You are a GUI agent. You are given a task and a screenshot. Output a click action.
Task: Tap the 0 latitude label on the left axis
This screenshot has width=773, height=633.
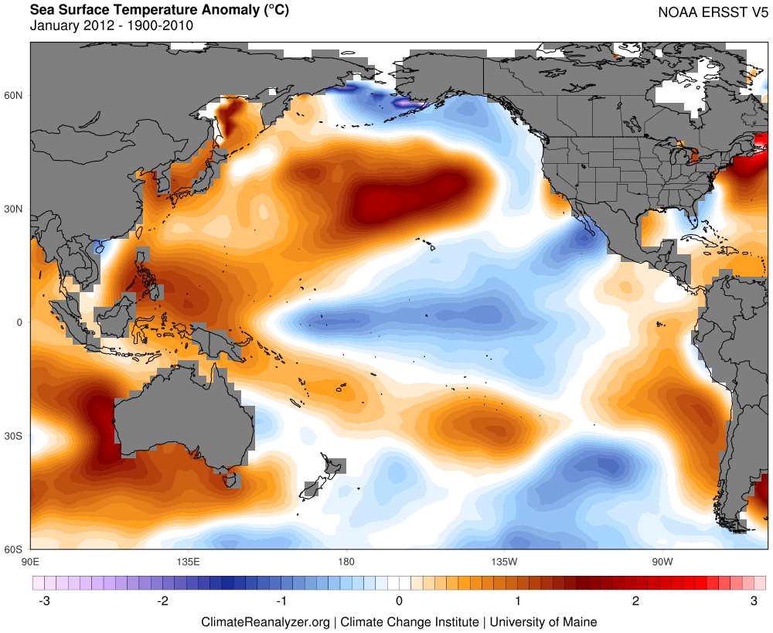pos(20,322)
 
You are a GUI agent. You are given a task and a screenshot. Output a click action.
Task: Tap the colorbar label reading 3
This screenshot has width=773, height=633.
pos(754,601)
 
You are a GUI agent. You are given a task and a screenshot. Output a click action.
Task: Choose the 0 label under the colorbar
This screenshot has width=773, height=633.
pos(399,601)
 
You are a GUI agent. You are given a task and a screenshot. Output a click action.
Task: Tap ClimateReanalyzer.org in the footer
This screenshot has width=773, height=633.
pos(265,621)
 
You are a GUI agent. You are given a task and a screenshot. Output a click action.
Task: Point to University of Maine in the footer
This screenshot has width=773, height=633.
pos(544,621)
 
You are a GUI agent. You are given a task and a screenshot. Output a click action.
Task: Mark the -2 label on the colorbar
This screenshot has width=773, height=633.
pos(162,601)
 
